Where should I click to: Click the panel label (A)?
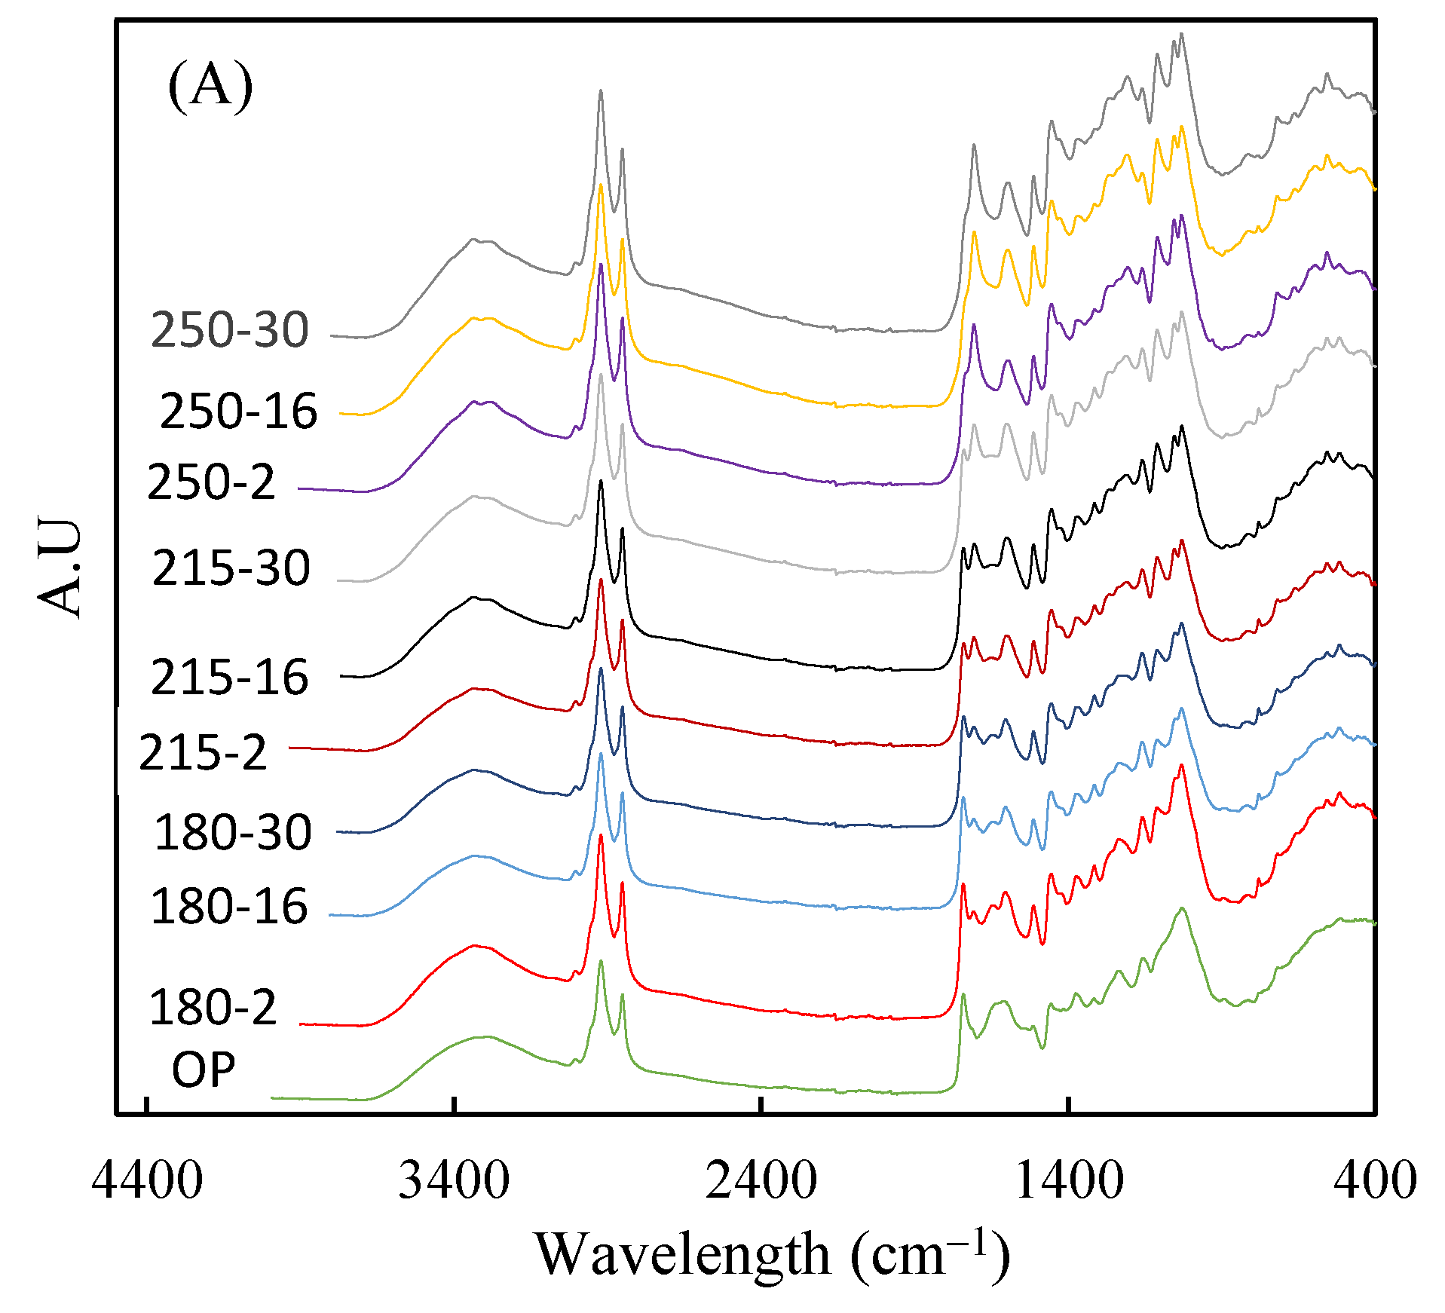pyautogui.click(x=210, y=87)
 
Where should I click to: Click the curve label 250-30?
pyautogui.click(x=230, y=330)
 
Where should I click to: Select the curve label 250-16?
pyautogui.click(x=238, y=412)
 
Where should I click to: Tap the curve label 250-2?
pyautogui.click(x=211, y=482)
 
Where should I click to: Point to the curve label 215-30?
pyautogui.click(x=231, y=568)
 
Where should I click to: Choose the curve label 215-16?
pyautogui.click(x=230, y=678)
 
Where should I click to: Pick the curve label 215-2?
pyautogui.click(x=203, y=752)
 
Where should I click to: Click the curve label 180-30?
pyautogui.click(x=232, y=833)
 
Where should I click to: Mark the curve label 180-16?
pyautogui.click(x=229, y=907)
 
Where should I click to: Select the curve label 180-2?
pyautogui.click(x=213, y=1008)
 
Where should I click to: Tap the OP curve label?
pyautogui.click(x=204, y=1070)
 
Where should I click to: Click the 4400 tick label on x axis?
pyautogui.click(x=147, y=1180)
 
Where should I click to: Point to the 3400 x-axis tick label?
pyautogui.click(x=454, y=1180)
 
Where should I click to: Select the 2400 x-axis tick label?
pyautogui.click(x=761, y=1180)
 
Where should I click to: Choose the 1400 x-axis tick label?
pyautogui.click(x=1069, y=1180)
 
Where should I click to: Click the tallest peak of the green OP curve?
pyautogui.click(x=601, y=961)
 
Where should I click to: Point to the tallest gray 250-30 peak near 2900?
pyautogui.click(x=601, y=90)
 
